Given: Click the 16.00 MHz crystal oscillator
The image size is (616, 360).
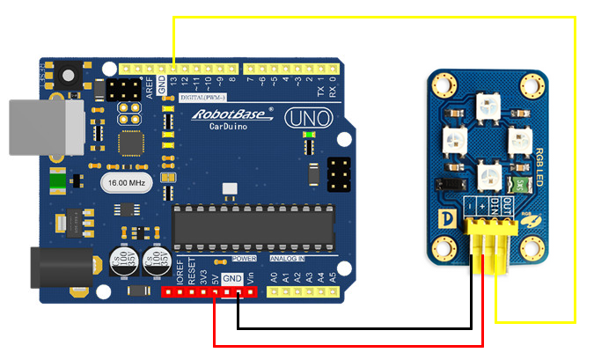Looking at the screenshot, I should pyautogui.click(x=127, y=182).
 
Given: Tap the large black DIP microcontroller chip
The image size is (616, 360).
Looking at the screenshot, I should pyautogui.click(x=253, y=226).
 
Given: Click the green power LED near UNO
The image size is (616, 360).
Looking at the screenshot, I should pyautogui.click(x=308, y=135).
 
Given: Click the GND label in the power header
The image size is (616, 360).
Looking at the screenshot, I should pyautogui.click(x=231, y=278).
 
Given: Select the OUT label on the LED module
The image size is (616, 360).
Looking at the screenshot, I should pyautogui.click(x=506, y=206).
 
